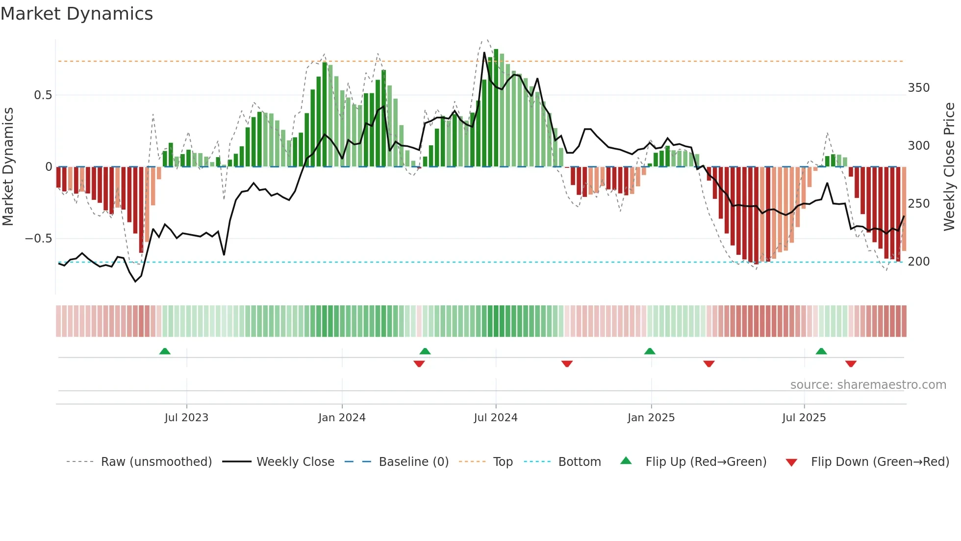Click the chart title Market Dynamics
coord(76,14)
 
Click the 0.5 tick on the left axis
coord(43,95)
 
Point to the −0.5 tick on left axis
coord(38,239)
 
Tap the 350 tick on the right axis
coord(918,88)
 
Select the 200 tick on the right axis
coord(918,262)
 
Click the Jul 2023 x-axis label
coord(186,418)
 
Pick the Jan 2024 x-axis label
coord(342,418)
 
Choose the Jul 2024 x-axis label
coord(495,418)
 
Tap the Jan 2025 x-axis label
coord(651,418)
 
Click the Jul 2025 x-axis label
coord(804,418)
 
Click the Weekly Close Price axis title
coord(949,167)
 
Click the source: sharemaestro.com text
coord(868,385)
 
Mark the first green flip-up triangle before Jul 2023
coord(165,352)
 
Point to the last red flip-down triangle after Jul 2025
coord(851,364)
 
